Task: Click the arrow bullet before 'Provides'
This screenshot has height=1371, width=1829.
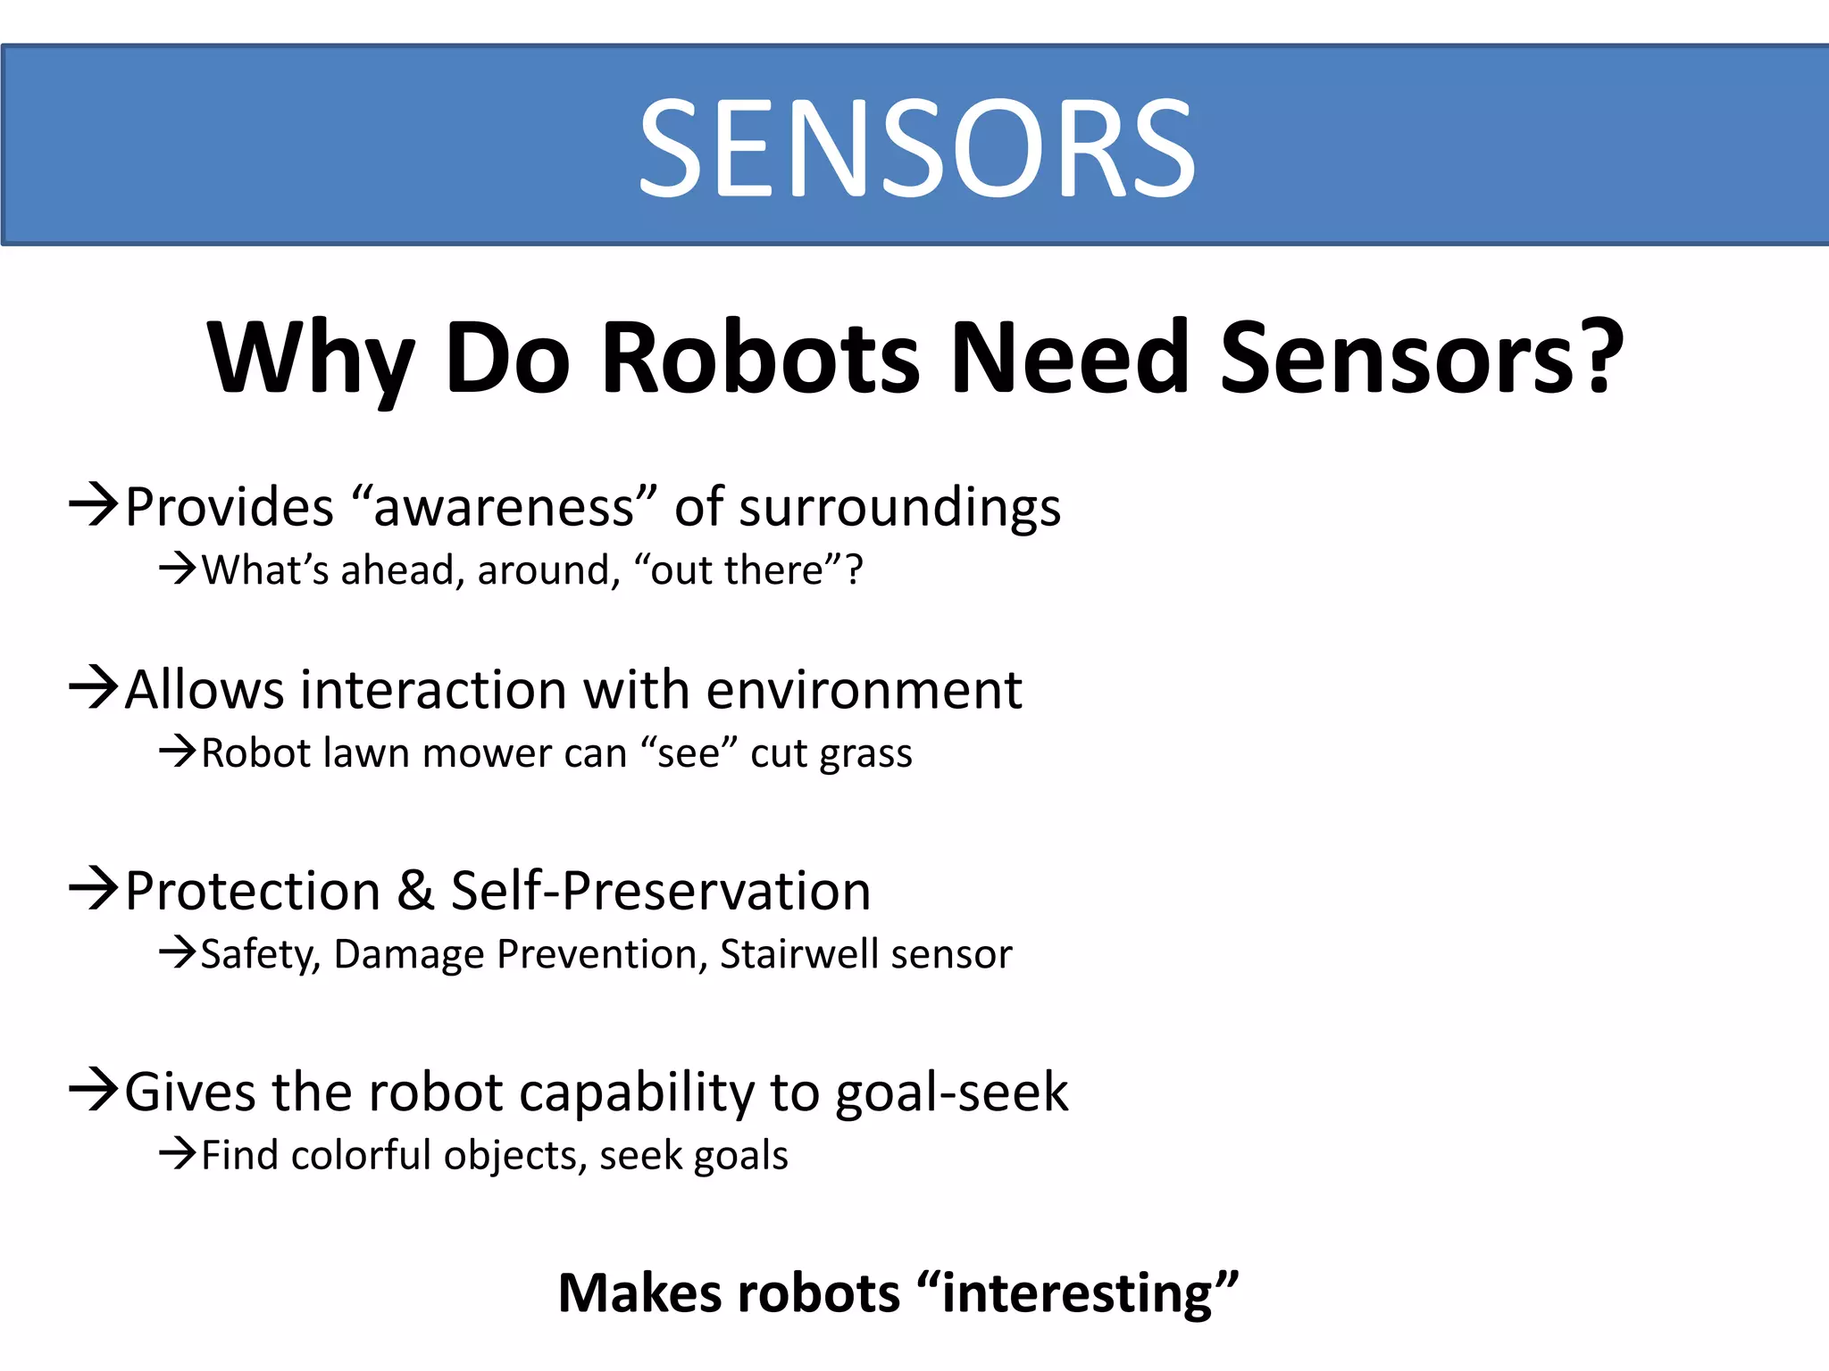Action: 93,506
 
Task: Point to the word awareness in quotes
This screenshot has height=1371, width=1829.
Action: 505,508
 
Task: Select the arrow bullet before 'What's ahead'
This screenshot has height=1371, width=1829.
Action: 177,569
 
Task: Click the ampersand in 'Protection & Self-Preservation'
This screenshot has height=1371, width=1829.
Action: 415,891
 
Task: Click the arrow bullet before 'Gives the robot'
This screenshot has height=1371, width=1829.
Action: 93,1090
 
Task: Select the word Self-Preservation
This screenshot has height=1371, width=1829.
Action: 660,891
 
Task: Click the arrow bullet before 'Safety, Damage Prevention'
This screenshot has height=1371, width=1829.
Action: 177,952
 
